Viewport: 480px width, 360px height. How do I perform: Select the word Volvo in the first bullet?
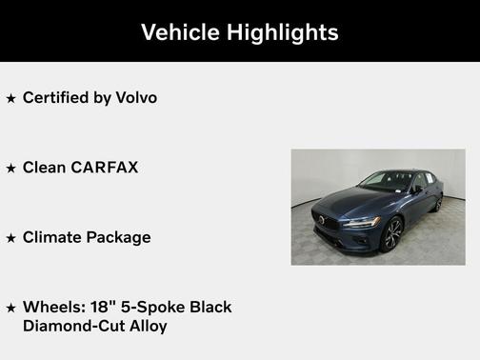point(136,97)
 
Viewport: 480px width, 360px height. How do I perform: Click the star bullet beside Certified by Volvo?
point(11,98)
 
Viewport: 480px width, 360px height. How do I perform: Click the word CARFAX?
point(106,168)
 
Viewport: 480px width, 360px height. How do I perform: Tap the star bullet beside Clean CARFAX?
point(11,169)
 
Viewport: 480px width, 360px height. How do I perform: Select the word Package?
point(119,237)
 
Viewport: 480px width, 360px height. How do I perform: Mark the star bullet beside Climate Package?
point(11,238)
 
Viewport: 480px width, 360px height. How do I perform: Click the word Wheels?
point(51,307)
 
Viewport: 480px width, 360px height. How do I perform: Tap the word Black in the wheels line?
point(208,307)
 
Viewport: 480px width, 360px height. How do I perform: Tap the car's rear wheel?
point(438,202)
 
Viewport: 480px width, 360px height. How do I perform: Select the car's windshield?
point(386,180)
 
